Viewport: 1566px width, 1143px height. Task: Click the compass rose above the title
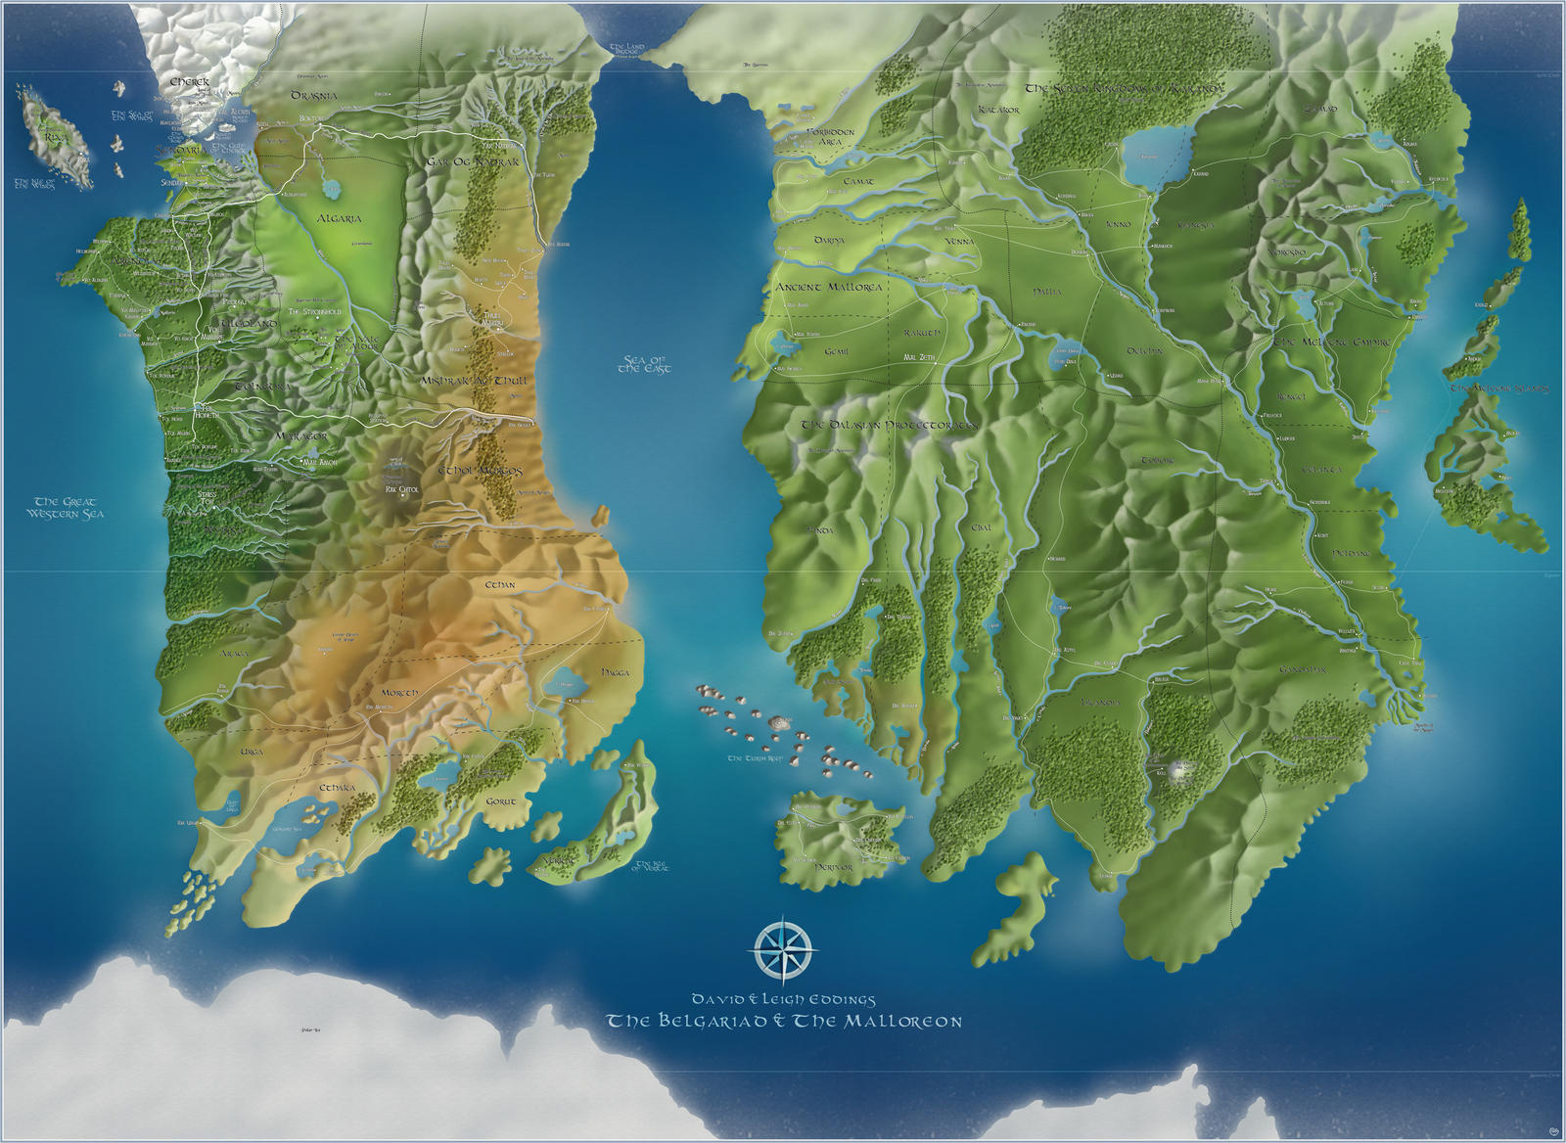pyautogui.click(x=785, y=943)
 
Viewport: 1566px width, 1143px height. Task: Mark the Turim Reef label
pyautogui.click(x=749, y=758)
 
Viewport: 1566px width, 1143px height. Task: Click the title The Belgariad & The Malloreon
pyautogui.click(x=784, y=1022)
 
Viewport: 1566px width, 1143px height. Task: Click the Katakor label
pyautogui.click(x=998, y=111)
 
